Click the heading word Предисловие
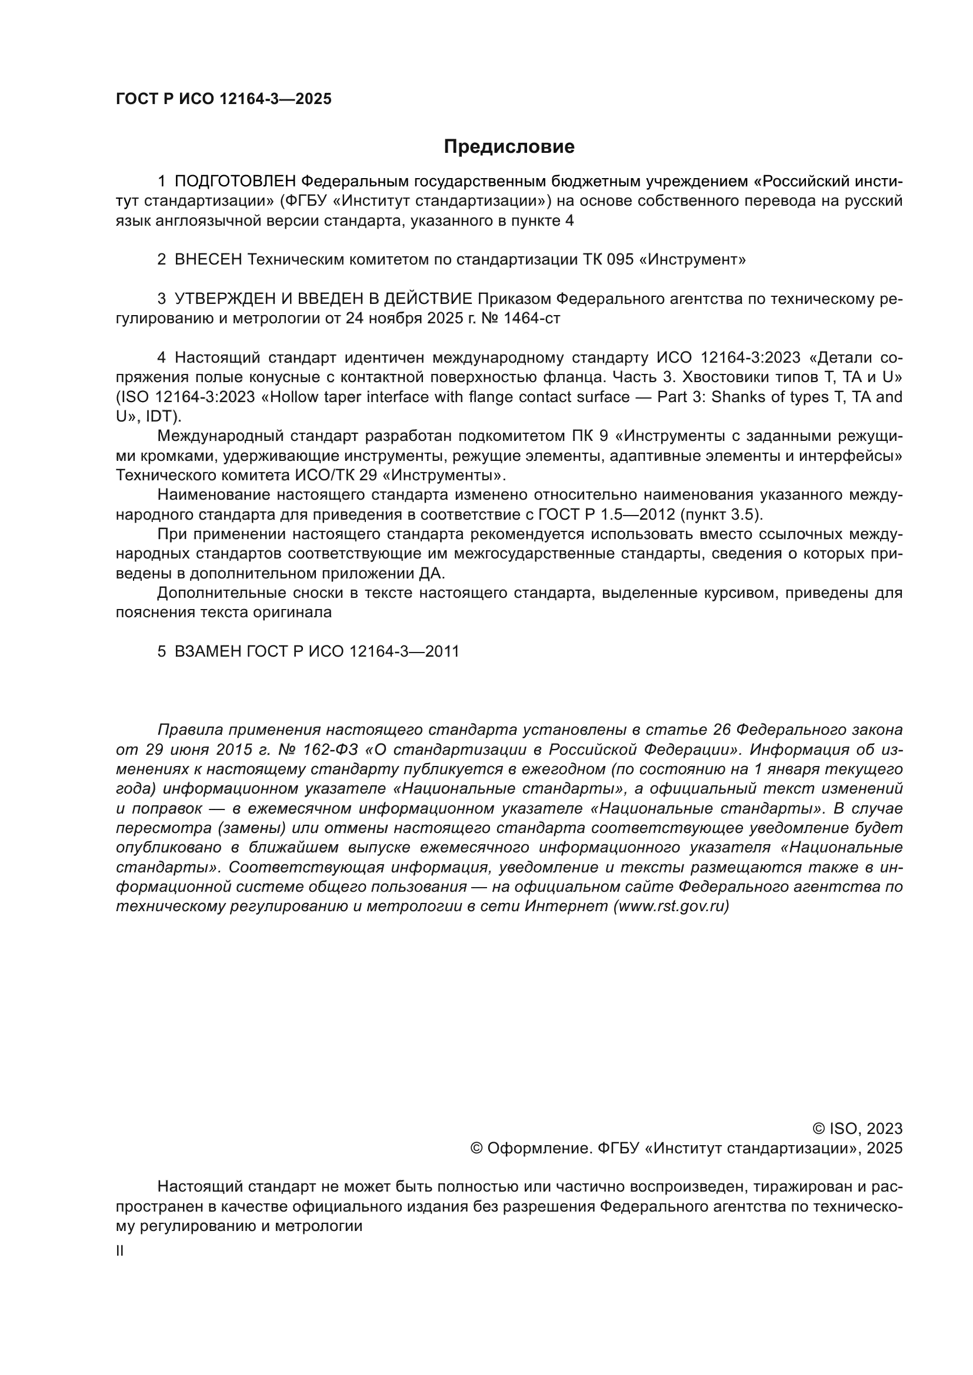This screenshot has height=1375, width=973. coord(509,147)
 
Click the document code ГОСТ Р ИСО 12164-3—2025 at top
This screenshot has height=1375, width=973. coord(224,99)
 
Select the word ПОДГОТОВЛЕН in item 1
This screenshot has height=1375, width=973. coord(235,181)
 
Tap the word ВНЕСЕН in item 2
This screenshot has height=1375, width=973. coord(208,259)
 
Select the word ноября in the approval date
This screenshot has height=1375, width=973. coord(395,318)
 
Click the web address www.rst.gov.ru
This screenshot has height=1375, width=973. coord(671,906)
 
